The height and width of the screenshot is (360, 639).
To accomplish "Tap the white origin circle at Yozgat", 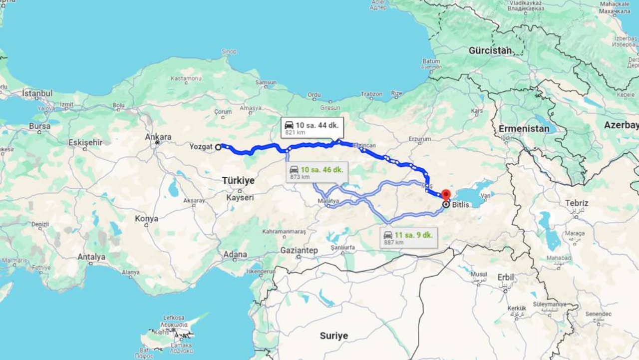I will click(218, 147).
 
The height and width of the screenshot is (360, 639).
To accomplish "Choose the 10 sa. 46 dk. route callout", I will click(317, 172).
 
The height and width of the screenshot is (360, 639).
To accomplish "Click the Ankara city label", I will click(158, 137).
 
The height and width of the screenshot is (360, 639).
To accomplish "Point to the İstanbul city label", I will click(37, 93).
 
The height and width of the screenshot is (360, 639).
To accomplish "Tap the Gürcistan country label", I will click(490, 50).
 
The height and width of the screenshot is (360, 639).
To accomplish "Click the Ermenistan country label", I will click(524, 129).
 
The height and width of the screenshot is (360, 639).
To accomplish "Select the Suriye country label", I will click(334, 336).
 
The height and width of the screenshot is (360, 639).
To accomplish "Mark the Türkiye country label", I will click(238, 180).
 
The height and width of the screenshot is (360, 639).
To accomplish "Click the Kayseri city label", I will click(240, 198).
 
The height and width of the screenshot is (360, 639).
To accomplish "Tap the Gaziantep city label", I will click(299, 250).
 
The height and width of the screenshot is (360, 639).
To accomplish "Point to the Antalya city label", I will click(91, 257).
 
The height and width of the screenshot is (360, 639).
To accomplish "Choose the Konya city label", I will click(146, 219).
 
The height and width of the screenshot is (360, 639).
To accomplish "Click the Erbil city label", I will click(506, 277).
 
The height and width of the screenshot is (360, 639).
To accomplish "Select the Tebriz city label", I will click(577, 203).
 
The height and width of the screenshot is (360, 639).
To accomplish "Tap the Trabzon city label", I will click(371, 94).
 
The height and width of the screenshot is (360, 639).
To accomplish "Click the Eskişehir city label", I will click(85, 142).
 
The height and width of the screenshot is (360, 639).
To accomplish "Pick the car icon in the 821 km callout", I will click(289, 125).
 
